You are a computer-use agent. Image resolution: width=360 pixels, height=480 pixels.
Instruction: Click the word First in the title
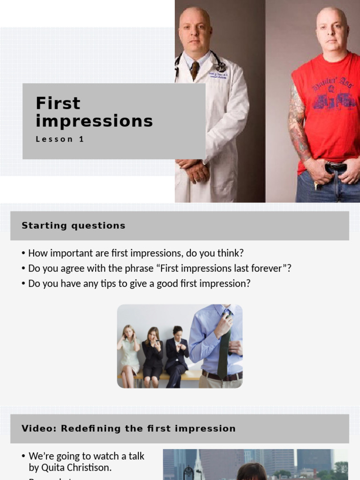tap(58, 103)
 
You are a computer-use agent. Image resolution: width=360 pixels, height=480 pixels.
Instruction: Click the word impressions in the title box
tap(94, 121)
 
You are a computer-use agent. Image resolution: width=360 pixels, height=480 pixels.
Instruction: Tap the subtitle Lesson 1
tap(60, 139)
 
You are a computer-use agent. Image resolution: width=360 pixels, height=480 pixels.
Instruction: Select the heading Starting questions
tap(74, 225)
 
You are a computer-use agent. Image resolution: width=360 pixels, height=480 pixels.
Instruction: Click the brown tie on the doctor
tap(194, 70)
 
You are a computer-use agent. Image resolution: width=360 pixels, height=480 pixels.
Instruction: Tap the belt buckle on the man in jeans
tap(336, 167)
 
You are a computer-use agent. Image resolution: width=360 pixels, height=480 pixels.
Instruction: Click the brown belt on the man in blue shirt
tap(222, 375)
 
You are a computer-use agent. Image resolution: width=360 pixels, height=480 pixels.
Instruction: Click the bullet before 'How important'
tap(23, 254)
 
